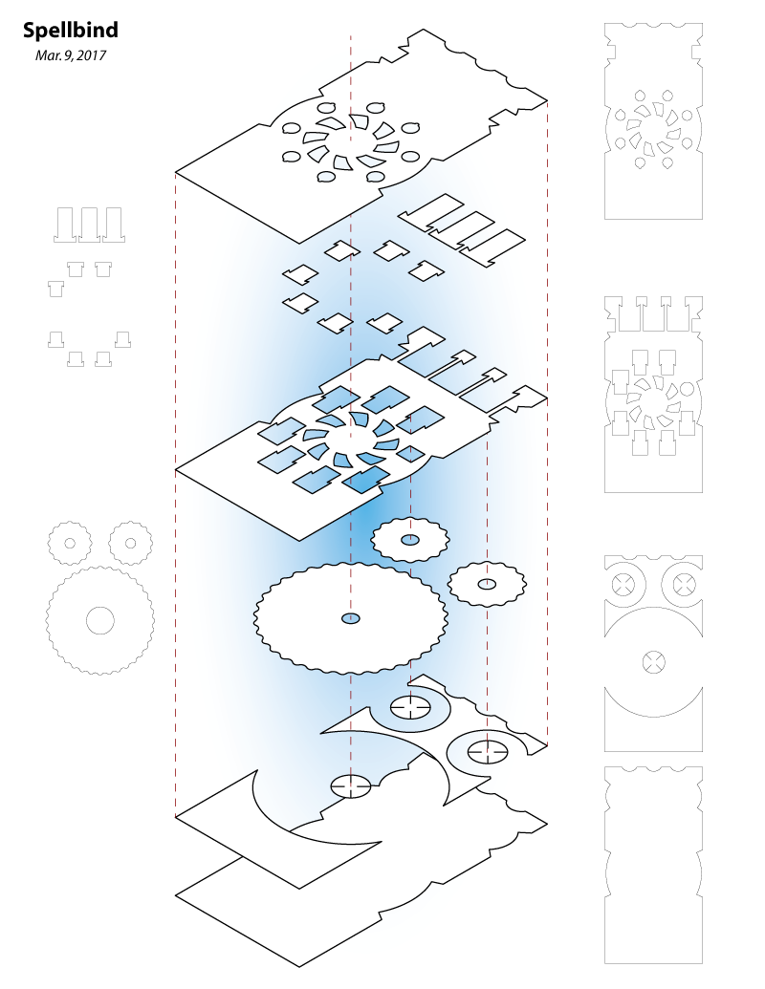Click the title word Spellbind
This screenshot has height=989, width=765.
[70, 32]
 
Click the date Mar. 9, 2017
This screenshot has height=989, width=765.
[70, 55]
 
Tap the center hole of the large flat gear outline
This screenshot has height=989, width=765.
[99, 620]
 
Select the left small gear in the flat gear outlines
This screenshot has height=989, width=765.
[68, 543]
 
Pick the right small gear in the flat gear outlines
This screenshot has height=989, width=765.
[130, 543]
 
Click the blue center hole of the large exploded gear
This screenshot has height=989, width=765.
[351, 619]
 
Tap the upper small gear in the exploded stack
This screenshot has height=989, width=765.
[409, 541]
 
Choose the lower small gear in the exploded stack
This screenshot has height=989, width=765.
[487, 583]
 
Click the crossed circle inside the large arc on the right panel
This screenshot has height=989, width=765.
[654, 659]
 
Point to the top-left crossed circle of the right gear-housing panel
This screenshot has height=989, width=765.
[625, 583]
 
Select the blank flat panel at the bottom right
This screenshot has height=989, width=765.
[654, 865]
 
